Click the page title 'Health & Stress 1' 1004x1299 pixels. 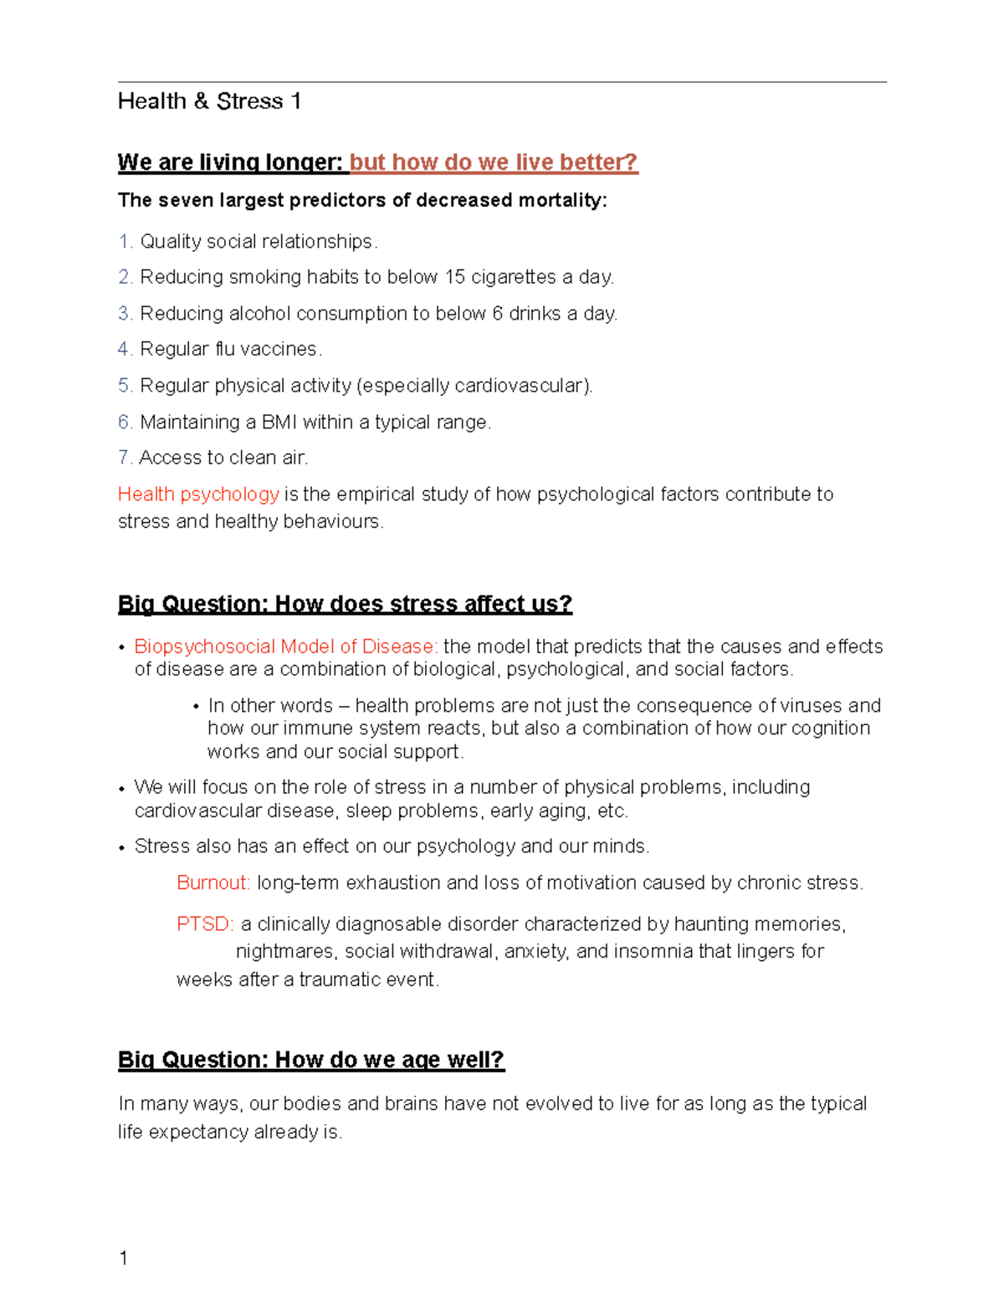[209, 101]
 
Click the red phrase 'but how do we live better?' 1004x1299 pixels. [494, 162]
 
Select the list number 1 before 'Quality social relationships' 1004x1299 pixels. [125, 242]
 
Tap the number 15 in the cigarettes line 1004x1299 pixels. [455, 277]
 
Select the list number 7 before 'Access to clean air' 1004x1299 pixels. [124, 458]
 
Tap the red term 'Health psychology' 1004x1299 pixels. [198, 494]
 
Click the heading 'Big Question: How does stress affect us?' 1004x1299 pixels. [345, 604]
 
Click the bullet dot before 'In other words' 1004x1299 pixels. [196, 707]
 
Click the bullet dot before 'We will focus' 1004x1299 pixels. [122, 789]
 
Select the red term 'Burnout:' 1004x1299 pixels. [213, 883]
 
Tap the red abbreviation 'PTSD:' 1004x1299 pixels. [205, 924]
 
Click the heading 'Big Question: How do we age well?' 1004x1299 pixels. [310, 1060]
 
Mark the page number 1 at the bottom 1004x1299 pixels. [124, 1258]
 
